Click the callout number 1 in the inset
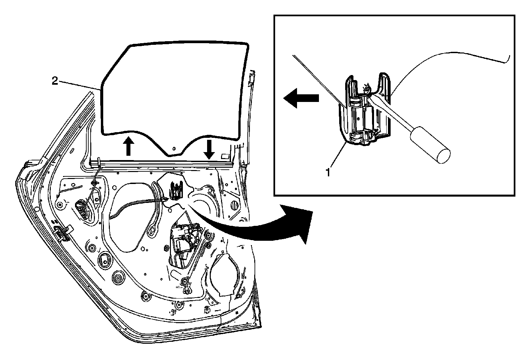pyautogui.click(x=328, y=172)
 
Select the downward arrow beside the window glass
pyautogui.click(x=209, y=149)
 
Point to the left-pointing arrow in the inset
pyautogui.click(x=300, y=99)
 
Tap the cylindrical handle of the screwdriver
pyautogui.click(x=430, y=145)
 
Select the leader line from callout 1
pyautogui.click(x=339, y=156)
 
